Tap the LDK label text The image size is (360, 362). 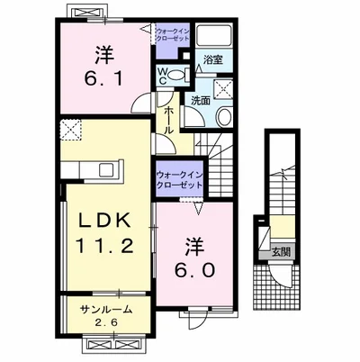coord(105,222)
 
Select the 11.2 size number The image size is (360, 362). coord(104,246)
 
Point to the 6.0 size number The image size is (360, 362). coord(195,271)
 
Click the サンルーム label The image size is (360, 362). coord(106,309)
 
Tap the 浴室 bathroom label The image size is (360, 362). coord(213,60)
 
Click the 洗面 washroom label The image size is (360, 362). coord(201,101)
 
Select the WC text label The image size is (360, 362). coord(162,77)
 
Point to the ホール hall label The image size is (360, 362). coord(168,121)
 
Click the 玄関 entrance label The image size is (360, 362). coord(281,252)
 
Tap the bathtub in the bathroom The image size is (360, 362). coord(213,35)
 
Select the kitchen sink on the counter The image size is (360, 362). coord(106,170)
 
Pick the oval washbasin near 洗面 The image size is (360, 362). coord(224,117)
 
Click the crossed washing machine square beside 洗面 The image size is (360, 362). coord(223,89)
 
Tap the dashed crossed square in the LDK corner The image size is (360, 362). coord(71,130)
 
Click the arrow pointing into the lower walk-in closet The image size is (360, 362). coord(198,208)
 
